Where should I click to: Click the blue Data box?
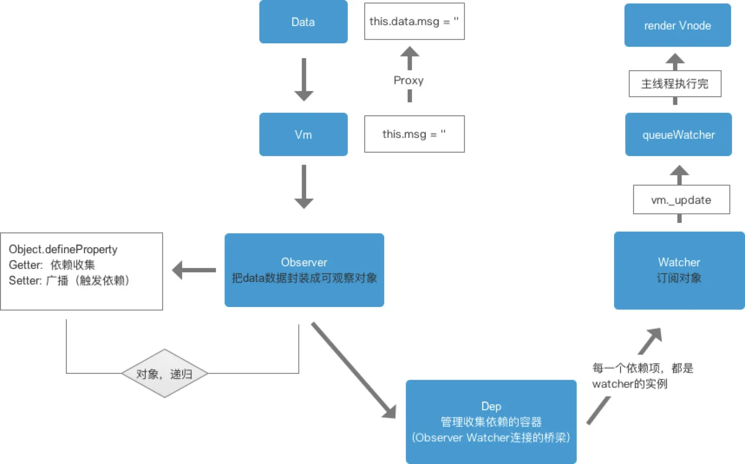[x=303, y=22]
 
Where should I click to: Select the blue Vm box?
[x=303, y=134]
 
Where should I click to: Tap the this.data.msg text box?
[x=414, y=21]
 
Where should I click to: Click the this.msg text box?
[x=414, y=134]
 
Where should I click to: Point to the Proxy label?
[x=408, y=80]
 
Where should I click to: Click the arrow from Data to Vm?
[x=304, y=79]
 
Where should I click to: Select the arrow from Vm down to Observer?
[x=304, y=186]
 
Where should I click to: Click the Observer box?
[x=304, y=270]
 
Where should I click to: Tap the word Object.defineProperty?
[x=63, y=249]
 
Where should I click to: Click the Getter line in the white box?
[x=52, y=265]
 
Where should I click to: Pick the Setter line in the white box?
[x=69, y=281]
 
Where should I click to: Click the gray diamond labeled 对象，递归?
[x=164, y=373]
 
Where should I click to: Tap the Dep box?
[x=491, y=422]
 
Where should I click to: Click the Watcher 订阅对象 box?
[x=679, y=270]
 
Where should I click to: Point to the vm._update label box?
[x=681, y=200]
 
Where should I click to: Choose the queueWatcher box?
[x=678, y=134]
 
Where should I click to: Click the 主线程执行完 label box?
[x=675, y=84]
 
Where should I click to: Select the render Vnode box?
[x=677, y=25]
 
